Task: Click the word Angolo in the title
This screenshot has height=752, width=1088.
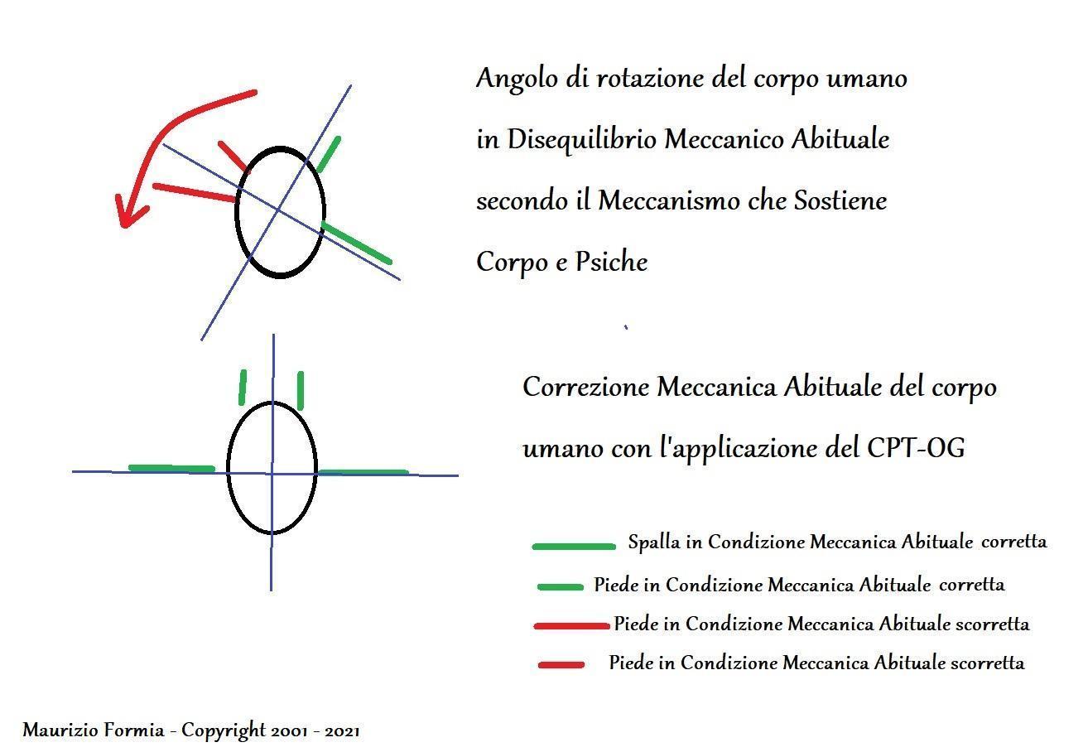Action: [517, 79]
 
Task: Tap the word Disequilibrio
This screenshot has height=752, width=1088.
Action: [582, 140]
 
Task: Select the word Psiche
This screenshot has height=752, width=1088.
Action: [611, 262]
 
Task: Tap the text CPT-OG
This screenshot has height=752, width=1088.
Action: [916, 447]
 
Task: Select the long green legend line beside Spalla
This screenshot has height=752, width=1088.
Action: [574, 547]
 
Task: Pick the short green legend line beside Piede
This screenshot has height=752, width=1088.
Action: [560, 587]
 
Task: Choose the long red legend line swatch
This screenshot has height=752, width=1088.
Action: [571, 626]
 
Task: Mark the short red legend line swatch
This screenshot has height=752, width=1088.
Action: [561, 664]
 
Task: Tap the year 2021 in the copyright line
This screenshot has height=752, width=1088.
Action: [342, 731]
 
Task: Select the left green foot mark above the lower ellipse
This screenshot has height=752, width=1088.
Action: [243, 387]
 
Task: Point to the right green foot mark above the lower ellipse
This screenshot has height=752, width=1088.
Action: [301, 391]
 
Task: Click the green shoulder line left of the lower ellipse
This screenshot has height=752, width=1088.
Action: [171, 468]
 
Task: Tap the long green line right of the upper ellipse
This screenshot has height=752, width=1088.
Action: [356, 243]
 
